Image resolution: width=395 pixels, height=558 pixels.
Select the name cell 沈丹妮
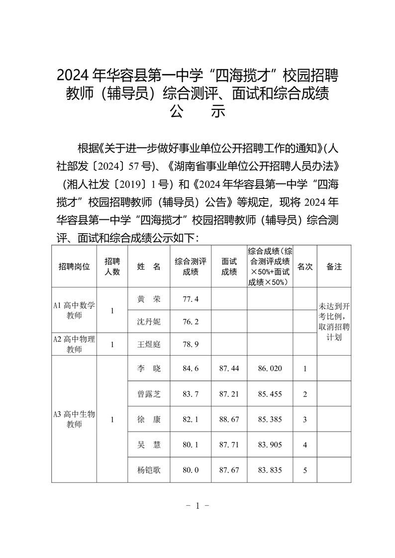(148, 321)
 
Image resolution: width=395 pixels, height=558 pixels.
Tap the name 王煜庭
(148, 344)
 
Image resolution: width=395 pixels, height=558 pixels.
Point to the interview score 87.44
(229, 369)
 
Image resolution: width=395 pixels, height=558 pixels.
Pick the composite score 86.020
(270, 369)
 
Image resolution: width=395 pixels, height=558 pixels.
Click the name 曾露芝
(148, 394)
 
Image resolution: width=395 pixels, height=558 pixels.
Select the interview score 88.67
(229, 419)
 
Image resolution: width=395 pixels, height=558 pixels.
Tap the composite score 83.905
(270, 445)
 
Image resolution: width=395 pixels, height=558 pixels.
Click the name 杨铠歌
(148, 469)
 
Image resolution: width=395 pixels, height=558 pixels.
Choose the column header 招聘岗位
(75, 267)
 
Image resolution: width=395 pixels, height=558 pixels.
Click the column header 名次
(304, 267)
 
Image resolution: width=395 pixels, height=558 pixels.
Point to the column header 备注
(334, 267)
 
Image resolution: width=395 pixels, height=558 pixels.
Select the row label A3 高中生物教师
(74, 419)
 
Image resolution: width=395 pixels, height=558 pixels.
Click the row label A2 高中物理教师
(74, 344)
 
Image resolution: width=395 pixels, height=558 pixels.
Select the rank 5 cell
(304, 469)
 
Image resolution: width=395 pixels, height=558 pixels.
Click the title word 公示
(197, 111)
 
